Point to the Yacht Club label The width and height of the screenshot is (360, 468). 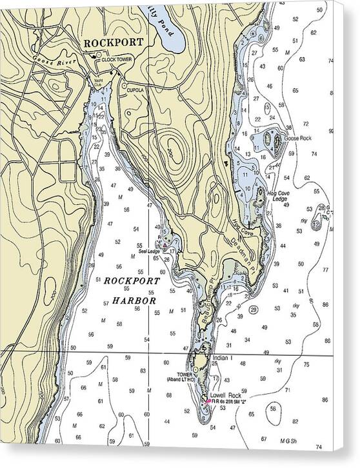coord(98,83)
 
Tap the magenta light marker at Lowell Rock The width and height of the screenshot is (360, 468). coord(207,400)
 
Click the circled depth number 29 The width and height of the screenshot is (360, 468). coord(254,310)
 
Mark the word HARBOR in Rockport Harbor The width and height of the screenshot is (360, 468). coord(134,300)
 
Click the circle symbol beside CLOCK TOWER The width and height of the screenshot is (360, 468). coord(95,57)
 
